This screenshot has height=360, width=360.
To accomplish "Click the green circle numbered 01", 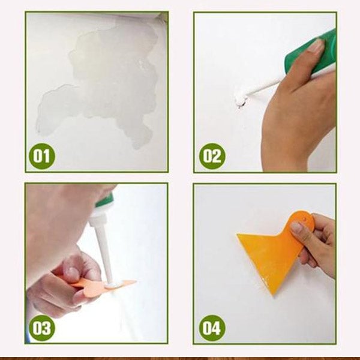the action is [42, 157].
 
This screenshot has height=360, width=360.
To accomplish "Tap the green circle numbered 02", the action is [212, 156].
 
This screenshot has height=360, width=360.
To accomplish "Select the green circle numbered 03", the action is [42, 328].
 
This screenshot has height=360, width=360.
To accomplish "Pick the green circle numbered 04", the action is [212, 328].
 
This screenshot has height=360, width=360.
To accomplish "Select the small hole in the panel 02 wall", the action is [239, 104].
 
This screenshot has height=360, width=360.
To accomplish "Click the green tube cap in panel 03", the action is [104, 200].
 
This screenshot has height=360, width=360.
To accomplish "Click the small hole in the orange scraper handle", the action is [304, 219].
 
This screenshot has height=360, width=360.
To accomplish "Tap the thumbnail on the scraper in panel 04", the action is [297, 227].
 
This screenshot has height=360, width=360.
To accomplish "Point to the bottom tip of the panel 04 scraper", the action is [273, 295].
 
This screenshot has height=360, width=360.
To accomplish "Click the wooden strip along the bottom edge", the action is [180, 358].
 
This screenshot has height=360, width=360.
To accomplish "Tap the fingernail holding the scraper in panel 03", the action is [73, 273].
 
